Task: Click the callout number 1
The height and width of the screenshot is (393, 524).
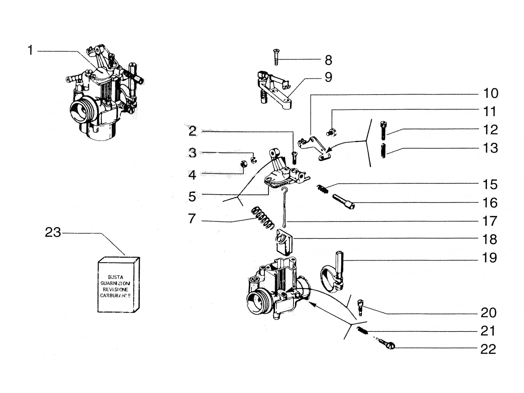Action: (30, 50)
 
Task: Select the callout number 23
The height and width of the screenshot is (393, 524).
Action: (53, 232)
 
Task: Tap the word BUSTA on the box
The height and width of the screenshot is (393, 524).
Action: (116, 277)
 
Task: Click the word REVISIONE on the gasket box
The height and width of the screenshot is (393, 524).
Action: (116, 290)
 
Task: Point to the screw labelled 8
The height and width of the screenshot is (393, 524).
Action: (276, 57)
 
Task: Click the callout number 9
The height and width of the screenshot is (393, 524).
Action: (328, 77)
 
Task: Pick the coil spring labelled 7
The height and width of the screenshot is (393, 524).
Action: (263, 217)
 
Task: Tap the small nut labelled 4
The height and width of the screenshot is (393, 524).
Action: (244, 164)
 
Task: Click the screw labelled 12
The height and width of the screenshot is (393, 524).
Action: (384, 130)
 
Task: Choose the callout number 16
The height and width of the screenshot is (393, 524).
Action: (490, 203)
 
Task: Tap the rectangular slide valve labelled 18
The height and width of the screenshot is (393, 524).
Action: (284, 242)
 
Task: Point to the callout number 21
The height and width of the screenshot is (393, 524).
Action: (488, 331)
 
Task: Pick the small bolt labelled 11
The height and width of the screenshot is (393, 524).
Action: (331, 132)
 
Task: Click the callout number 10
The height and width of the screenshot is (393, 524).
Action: (491, 93)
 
